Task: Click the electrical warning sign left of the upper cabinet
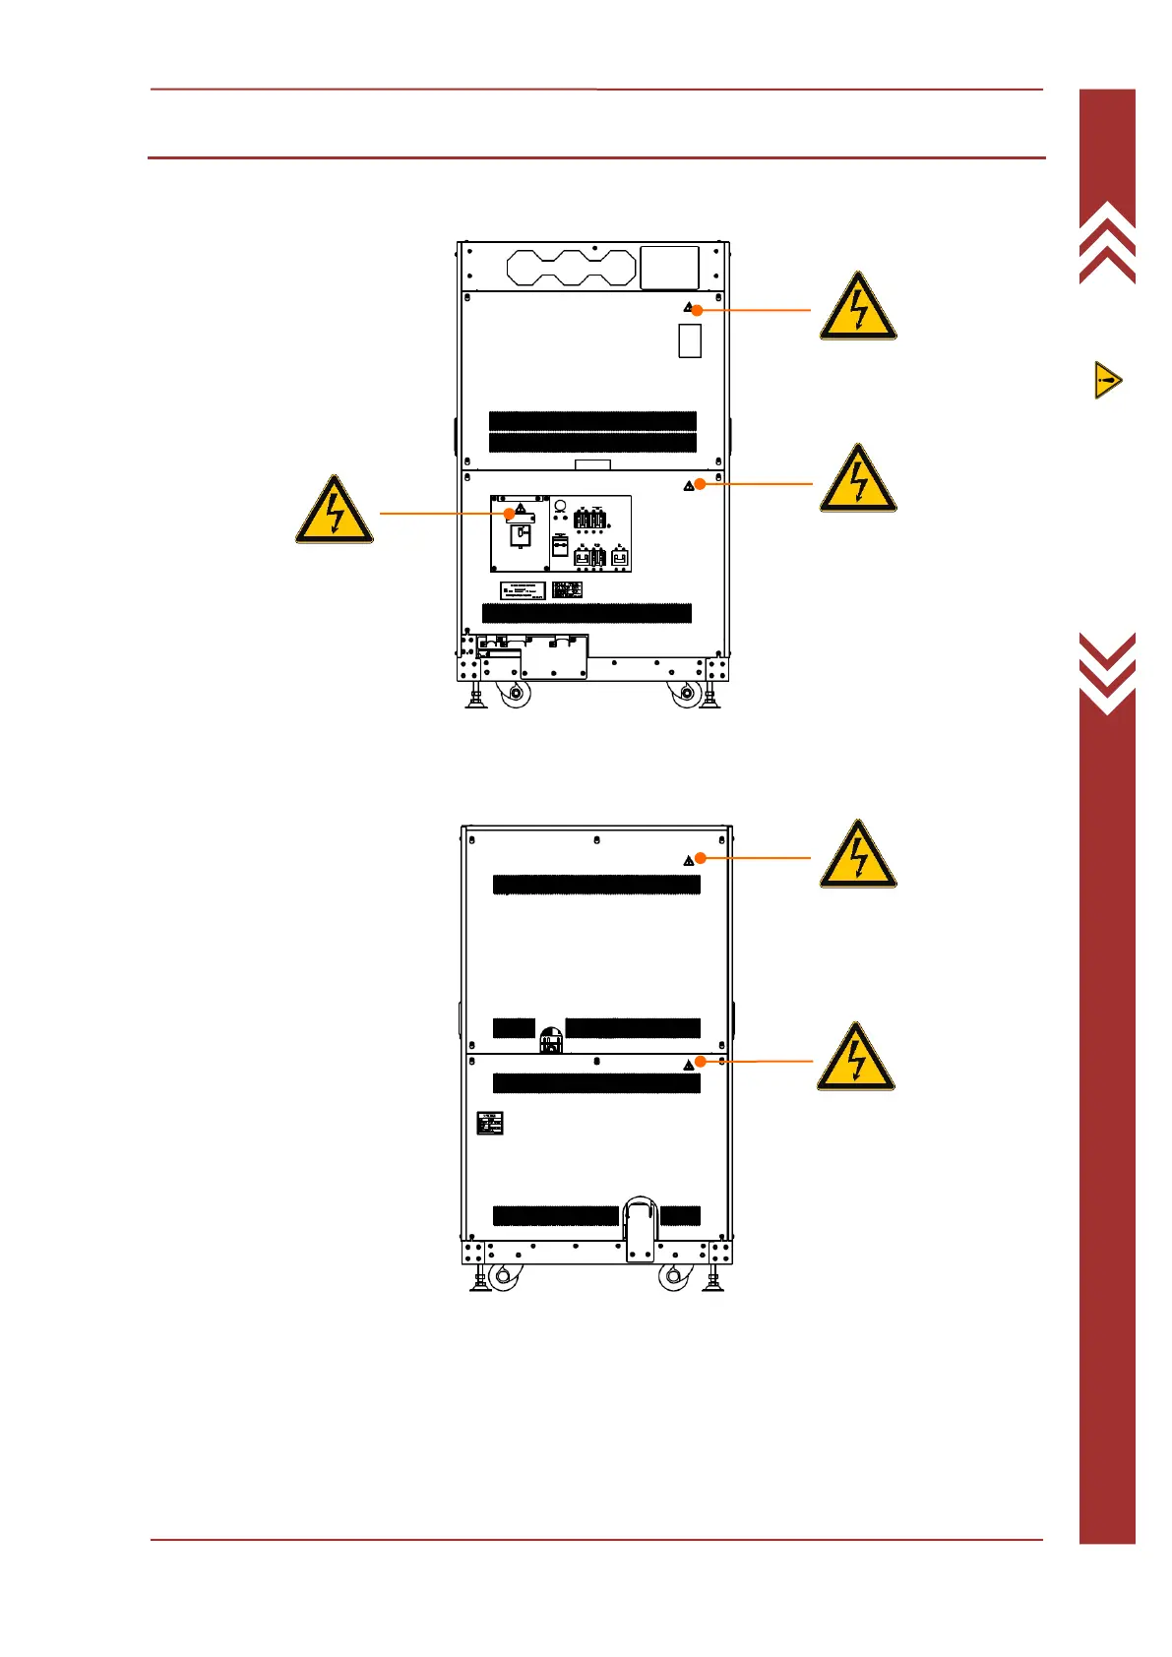[335, 510]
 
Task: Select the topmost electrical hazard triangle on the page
[858, 307]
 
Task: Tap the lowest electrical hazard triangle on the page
[856, 1057]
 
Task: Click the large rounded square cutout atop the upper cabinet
[669, 268]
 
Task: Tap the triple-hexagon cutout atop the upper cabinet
[572, 268]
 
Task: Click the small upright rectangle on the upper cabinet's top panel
[690, 341]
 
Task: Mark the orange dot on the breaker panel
[509, 514]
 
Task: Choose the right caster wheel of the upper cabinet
[684, 694]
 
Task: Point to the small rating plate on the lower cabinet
[489, 1124]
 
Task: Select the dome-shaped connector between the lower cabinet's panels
[551, 1039]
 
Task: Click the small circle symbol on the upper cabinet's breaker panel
[560, 506]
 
